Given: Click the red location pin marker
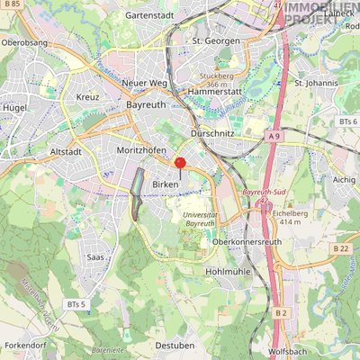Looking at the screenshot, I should [x=179, y=163].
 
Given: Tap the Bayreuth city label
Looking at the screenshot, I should [x=146, y=105].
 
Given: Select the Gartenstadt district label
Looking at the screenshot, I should [x=149, y=15].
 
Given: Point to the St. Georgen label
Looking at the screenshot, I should [x=216, y=41].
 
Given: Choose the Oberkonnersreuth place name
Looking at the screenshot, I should [x=247, y=242].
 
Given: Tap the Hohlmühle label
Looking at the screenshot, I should [x=227, y=271].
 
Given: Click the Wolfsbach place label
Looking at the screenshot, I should [x=289, y=352].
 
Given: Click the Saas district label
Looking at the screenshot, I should [x=95, y=256].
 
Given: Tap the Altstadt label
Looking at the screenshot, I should [x=67, y=152].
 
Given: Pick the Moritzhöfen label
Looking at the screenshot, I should [x=139, y=150].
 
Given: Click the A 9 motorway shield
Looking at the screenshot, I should [x=274, y=135].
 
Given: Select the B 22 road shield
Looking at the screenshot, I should [x=340, y=248].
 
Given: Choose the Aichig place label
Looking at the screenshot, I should [x=344, y=180].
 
